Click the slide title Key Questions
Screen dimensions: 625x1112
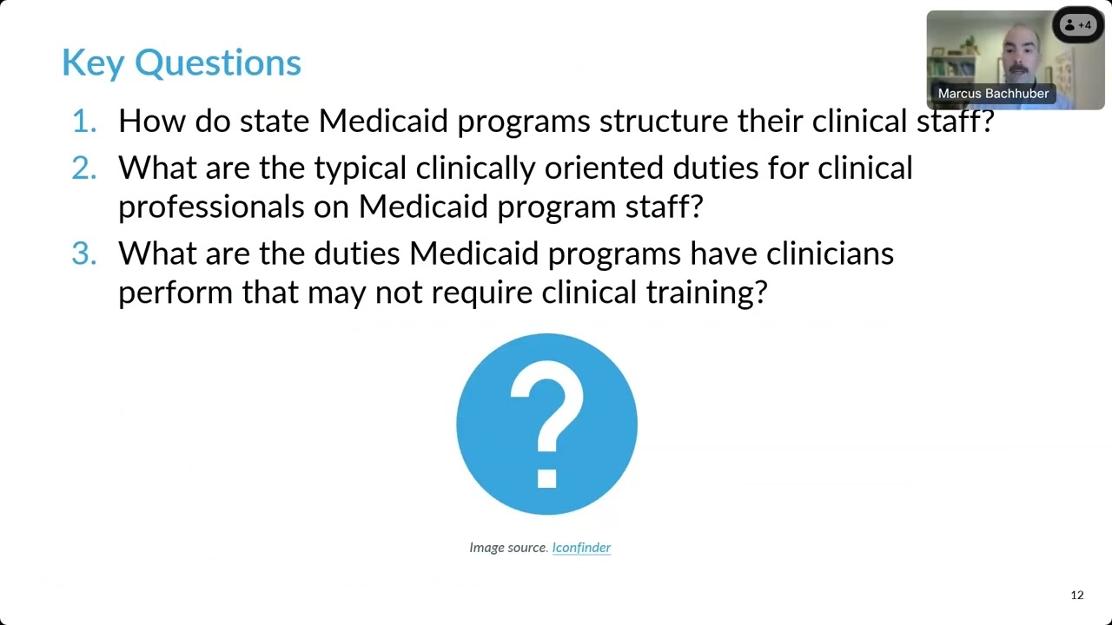tap(181, 62)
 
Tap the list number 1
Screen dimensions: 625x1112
tap(84, 121)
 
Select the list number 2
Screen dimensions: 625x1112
tap(84, 168)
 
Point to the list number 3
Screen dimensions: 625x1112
tap(84, 253)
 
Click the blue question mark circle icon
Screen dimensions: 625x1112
tap(546, 424)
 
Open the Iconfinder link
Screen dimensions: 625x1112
tap(581, 547)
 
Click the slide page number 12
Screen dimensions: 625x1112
tap(1077, 595)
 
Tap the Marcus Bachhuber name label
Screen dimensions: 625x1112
tap(993, 94)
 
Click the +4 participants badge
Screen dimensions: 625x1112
tap(1078, 25)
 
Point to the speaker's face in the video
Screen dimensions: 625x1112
tap(1016, 54)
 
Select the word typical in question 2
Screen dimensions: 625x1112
tap(360, 168)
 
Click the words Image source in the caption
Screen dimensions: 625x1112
tap(508, 547)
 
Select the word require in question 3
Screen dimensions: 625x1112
tap(482, 293)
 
